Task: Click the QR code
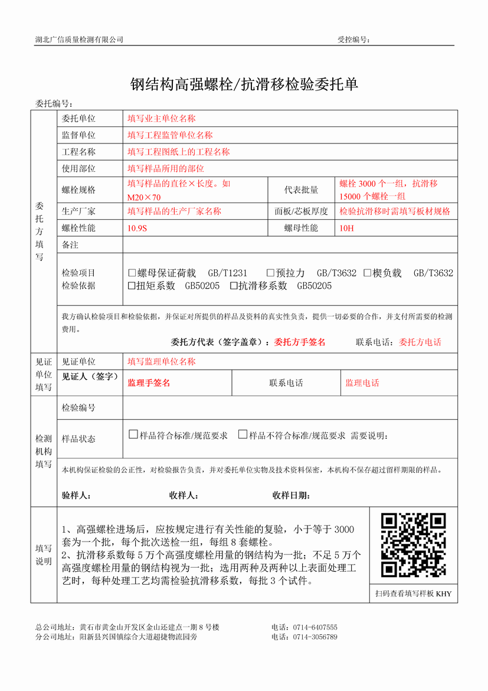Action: point(413,545)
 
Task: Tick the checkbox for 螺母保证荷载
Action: point(132,273)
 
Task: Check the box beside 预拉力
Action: point(270,273)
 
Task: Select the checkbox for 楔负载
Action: point(367,273)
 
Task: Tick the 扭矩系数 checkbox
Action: point(132,286)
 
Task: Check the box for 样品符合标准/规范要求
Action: point(133,435)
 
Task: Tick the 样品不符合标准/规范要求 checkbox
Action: point(243,435)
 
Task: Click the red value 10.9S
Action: point(137,228)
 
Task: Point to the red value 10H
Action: point(346,228)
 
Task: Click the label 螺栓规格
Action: point(78,190)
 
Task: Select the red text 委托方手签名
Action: point(300,342)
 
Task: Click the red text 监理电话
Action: point(362,383)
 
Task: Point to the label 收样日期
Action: point(291,496)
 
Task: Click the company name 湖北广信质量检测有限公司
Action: point(80,40)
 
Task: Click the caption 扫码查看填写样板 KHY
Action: point(413,594)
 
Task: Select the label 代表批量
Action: point(301,190)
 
